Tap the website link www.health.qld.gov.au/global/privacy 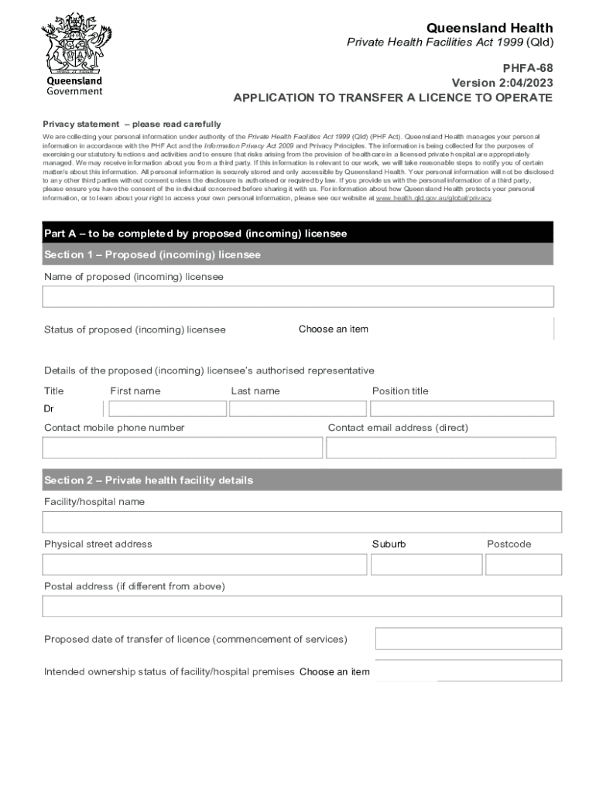coord(433,198)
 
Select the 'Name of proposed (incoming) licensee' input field coord(298,297)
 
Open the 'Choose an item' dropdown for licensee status coord(334,329)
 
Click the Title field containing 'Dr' coord(72,408)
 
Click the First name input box coord(167,408)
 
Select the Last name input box coord(298,408)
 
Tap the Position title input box coord(462,408)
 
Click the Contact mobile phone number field coord(183,448)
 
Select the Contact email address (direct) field coord(440,448)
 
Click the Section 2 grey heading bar coord(302,480)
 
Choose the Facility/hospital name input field coord(302,522)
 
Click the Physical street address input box coord(204,565)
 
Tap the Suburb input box coord(426,565)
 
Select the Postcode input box coord(523,565)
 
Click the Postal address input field coord(302,606)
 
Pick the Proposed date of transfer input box coord(468,639)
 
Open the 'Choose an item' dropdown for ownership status coord(334,672)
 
